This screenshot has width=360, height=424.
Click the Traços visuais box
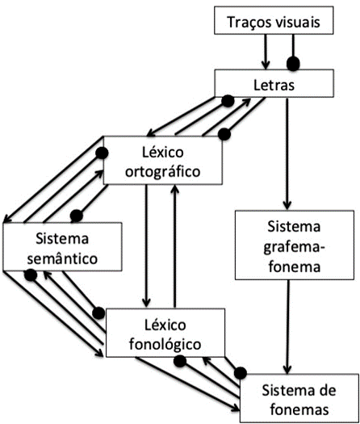[x=274, y=20]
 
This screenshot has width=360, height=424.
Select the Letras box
[x=274, y=83]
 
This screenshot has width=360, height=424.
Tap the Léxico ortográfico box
[x=163, y=161]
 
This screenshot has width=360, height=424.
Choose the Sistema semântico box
[x=62, y=246]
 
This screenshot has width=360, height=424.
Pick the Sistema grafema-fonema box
[x=295, y=245]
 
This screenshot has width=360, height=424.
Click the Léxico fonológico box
[x=165, y=333]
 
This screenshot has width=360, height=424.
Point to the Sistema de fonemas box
[x=299, y=398]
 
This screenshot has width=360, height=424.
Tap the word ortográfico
[x=163, y=172]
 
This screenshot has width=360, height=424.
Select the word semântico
[x=62, y=258]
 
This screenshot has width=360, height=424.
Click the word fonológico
[x=165, y=345]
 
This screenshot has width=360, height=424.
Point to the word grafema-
[x=294, y=248]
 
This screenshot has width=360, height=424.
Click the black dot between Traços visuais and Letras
[x=293, y=64]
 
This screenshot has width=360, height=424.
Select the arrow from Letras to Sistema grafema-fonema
[x=287, y=153]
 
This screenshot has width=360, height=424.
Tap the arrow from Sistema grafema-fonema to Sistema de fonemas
[x=287, y=327]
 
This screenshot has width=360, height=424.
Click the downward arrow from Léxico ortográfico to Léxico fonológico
[x=146, y=246]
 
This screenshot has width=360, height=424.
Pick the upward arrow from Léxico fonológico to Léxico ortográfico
[x=175, y=246]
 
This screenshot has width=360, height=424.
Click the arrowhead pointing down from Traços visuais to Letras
[x=266, y=65]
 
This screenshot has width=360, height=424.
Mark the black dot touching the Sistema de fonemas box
[x=241, y=373]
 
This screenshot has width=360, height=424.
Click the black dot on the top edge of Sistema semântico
[x=77, y=216]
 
